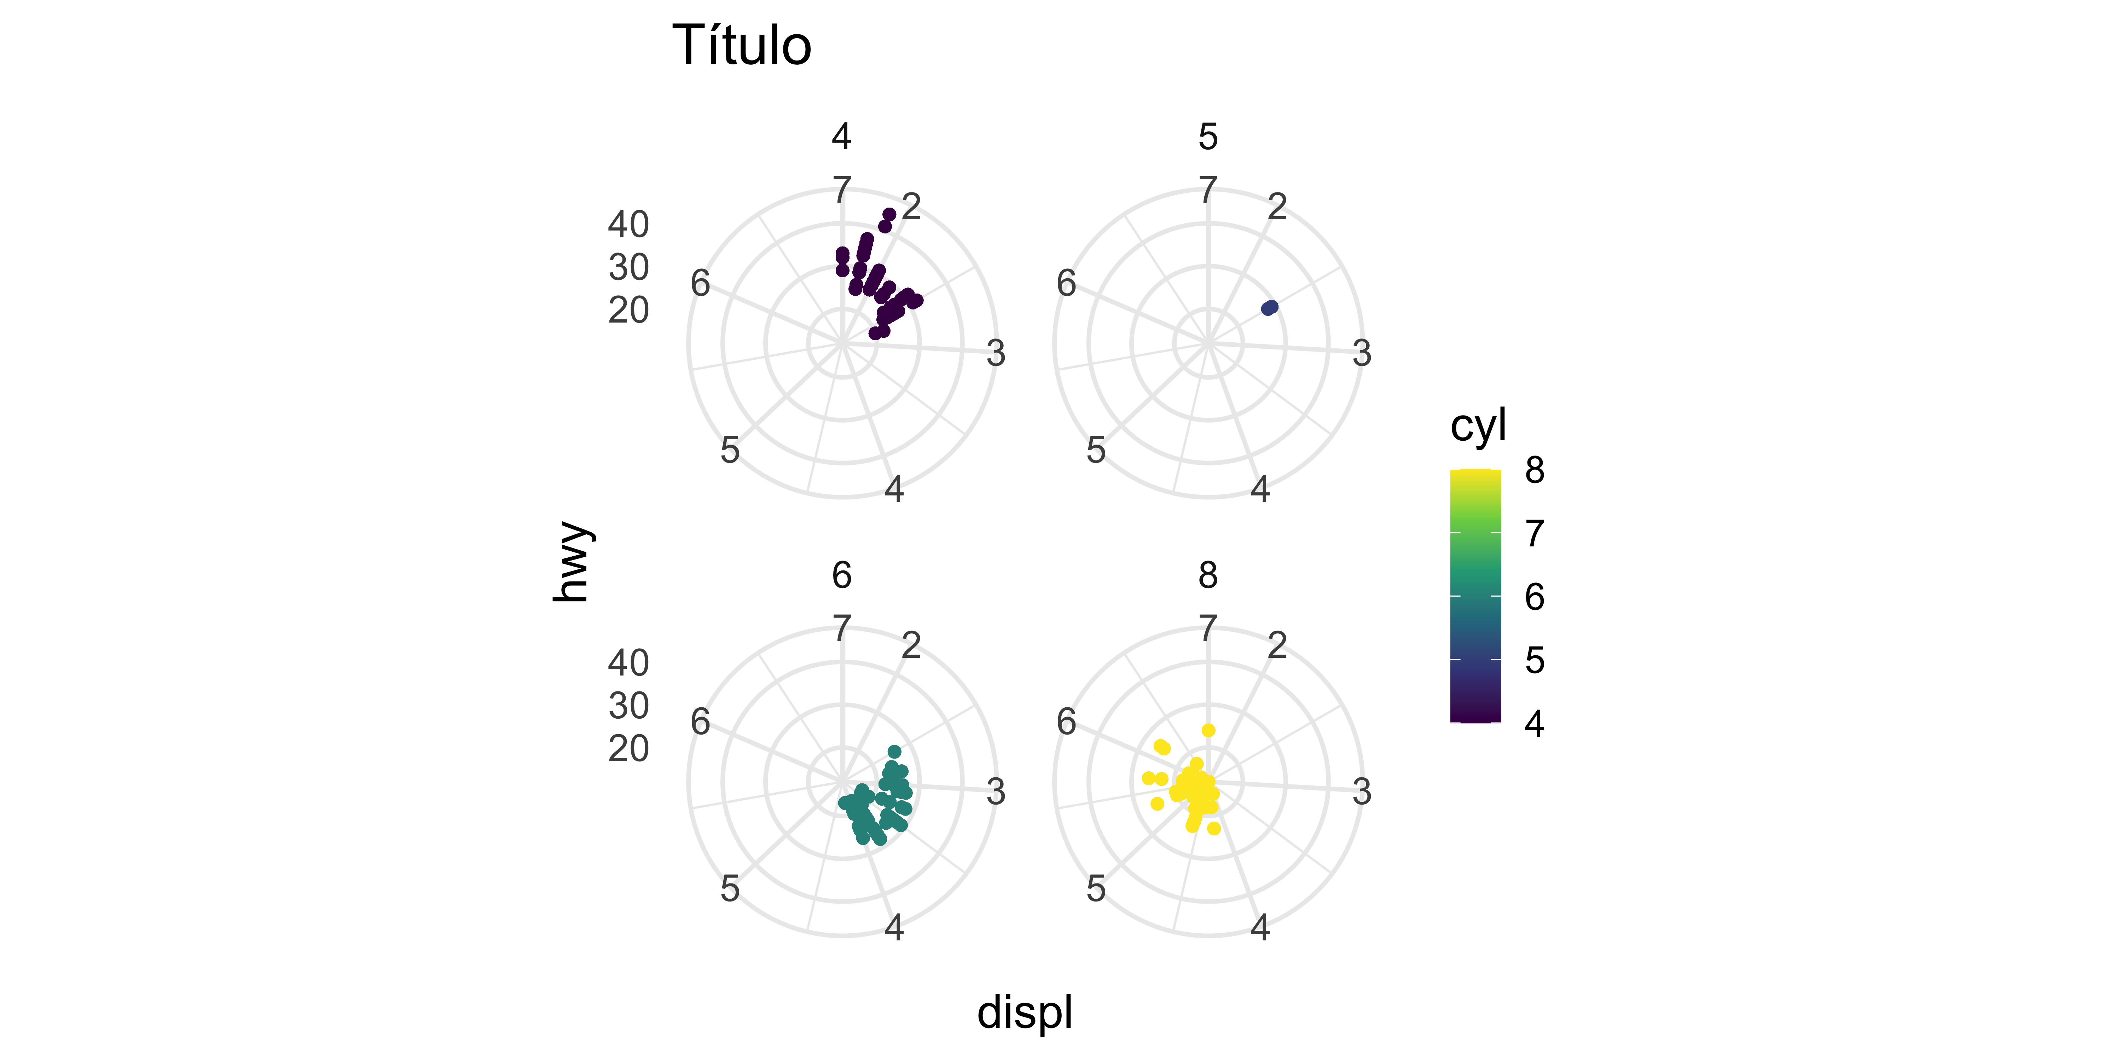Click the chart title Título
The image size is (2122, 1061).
[x=741, y=46]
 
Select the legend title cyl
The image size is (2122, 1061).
[x=1478, y=426]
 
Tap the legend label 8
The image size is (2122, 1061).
[x=1534, y=470]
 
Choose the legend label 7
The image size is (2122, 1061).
[x=1534, y=534]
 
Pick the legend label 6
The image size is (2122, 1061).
[x=1534, y=597]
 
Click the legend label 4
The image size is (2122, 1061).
[x=1534, y=723]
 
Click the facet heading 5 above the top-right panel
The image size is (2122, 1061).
[x=1208, y=137]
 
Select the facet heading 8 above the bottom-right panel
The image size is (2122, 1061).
[x=1208, y=575]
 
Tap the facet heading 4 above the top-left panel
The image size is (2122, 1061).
[x=841, y=137]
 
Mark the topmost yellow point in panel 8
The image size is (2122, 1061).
[x=1208, y=730]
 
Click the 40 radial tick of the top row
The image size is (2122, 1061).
[x=628, y=224]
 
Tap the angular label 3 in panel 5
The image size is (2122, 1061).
[x=1362, y=353]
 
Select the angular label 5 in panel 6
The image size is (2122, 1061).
[x=730, y=888]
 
